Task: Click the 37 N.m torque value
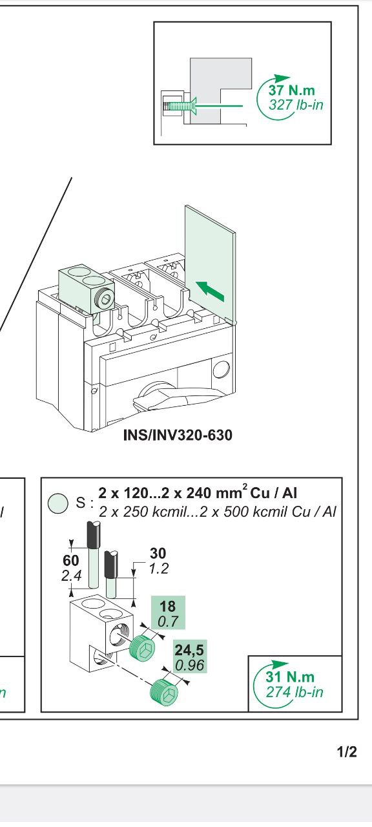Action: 291,90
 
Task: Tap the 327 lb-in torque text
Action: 296,105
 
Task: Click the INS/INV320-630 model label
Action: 178,435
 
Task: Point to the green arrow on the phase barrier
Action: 210,291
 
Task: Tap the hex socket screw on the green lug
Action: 105,298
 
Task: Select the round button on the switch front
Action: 221,369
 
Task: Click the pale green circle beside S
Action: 58,503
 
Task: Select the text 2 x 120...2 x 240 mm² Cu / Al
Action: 198,493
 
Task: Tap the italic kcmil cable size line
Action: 218,512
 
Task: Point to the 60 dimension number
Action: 71,560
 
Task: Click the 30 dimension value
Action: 158,554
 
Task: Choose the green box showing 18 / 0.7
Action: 168,612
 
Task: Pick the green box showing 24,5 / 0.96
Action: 190,656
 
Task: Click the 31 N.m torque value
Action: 290,676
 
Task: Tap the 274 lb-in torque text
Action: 294,691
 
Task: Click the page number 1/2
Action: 347,751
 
